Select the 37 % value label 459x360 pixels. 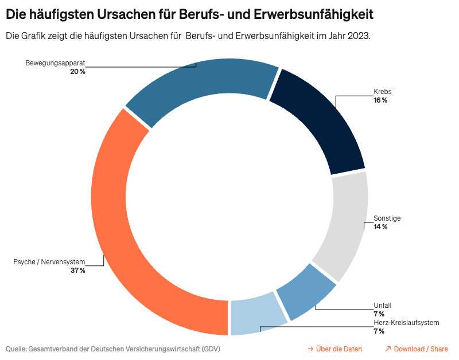78,270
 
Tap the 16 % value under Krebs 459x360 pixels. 380,100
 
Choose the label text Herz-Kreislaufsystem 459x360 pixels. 406,323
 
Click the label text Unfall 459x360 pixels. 382,306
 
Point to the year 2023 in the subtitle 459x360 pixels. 359,36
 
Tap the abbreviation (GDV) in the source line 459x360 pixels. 210,349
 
